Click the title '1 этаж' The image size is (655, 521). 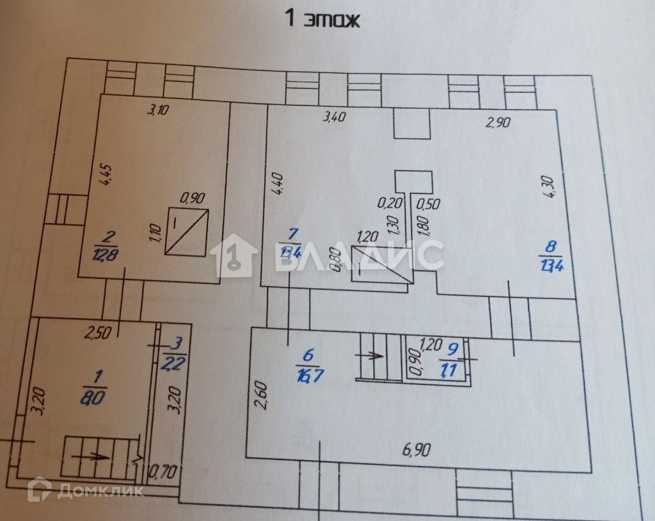coord(323,18)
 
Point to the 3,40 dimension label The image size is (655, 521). coord(334,117)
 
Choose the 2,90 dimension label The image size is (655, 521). coord(497,121)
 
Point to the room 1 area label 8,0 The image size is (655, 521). coord(92,390)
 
